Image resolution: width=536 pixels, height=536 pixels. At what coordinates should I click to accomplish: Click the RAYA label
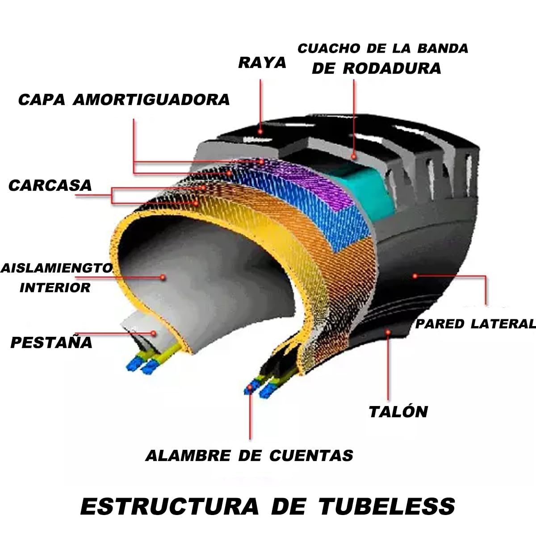click(262, 63)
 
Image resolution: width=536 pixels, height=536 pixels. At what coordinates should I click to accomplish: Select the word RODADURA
click(392, 68)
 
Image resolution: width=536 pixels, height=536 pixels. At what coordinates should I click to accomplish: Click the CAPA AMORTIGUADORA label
click(124, 100)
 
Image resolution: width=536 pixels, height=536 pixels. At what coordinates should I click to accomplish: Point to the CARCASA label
click(50, 185)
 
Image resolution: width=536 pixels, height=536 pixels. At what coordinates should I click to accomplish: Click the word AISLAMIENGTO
click(56, 268)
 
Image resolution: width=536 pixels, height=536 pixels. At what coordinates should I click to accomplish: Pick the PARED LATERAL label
click(475, 324)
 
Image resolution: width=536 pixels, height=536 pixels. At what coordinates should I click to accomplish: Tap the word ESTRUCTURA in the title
click(169, 506)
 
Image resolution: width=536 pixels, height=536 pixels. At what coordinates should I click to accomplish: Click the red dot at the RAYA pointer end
click(260, 131)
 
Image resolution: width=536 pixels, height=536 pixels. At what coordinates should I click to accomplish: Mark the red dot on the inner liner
click(163, 277)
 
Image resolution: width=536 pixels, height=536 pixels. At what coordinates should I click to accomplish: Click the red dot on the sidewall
click(415, 276)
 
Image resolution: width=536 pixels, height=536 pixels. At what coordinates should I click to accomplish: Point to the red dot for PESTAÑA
click(153, 333)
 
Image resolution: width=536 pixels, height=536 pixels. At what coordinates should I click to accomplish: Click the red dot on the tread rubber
click(353, 157)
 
